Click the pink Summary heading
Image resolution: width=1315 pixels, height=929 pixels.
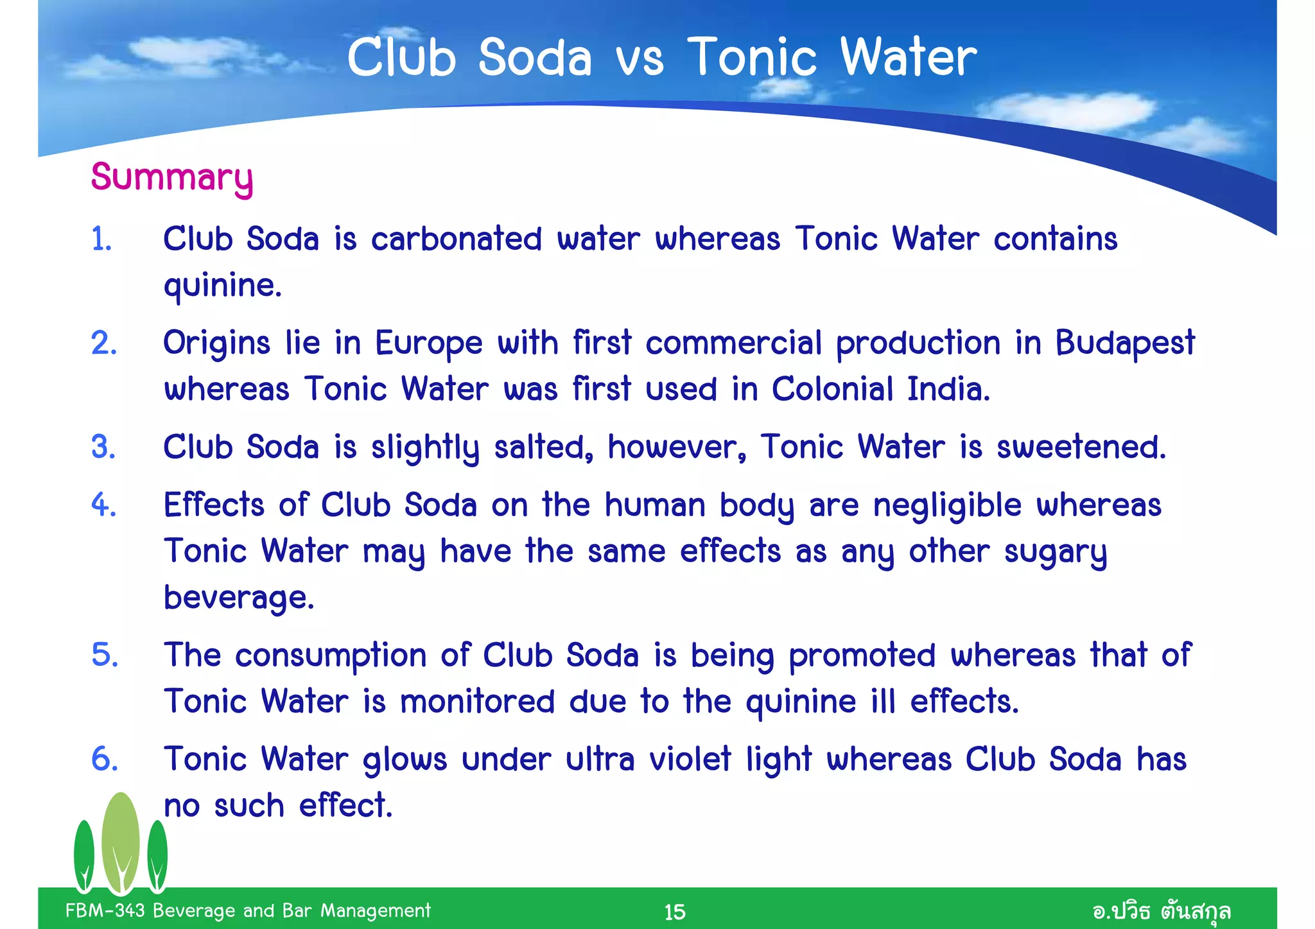(171, 177)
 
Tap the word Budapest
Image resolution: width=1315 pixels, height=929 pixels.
(1125, 343)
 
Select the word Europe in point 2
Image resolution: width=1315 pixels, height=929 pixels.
(428, 343)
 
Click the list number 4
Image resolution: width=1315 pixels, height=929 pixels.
(103, 505)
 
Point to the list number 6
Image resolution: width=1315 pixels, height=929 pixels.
(104, 759)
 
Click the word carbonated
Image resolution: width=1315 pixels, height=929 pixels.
(457, 239)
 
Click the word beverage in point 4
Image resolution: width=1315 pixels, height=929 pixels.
(238, 597)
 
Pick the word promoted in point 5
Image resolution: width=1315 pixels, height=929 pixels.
(862, 656)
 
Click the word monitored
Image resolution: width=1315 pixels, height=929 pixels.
(477, 701)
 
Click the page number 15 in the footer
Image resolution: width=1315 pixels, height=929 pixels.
(674, 912)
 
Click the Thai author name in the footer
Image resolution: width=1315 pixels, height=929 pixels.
(1161, 910)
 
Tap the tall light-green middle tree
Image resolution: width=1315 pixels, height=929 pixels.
(121, 841)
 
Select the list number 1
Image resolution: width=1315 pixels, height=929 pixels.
(101, 239)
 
